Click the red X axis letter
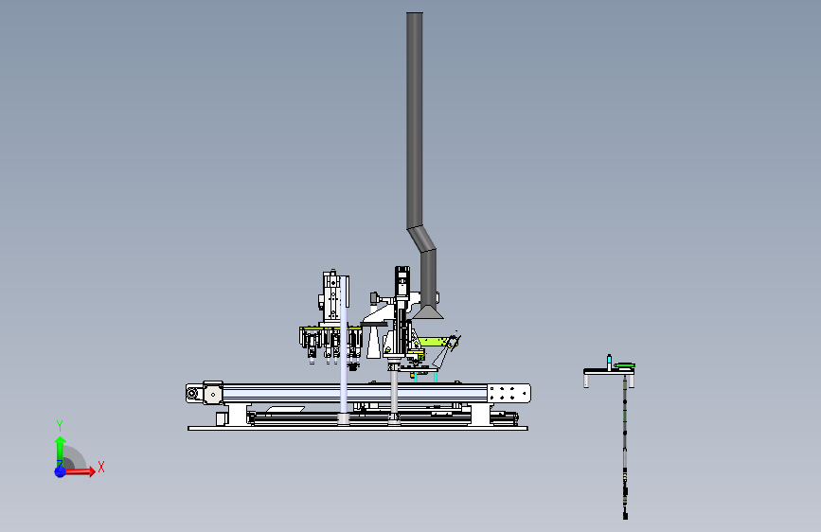pos(101,467)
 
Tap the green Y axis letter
pos(60,426)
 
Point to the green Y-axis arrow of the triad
pos(61,451)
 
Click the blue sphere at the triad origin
pos(60,471)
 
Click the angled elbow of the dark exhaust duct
pos(422,239)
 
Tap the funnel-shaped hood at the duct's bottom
pos(428,312)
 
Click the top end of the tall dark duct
pos(415,14)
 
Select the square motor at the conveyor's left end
pos(212,394)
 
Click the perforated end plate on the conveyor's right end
pos(509,393)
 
